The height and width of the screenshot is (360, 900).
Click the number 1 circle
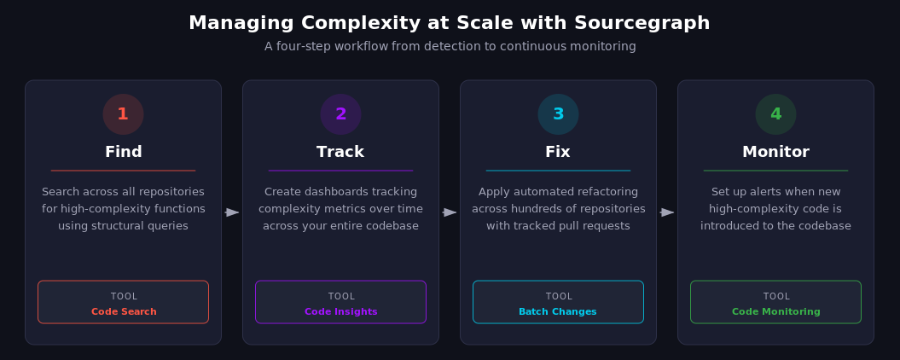point(123,114)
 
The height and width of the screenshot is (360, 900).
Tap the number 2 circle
point(340,114)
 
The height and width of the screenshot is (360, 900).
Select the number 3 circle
point(558,114)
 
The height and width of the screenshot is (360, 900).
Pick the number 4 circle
point(775,114)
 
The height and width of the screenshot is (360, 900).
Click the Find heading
point(123,152)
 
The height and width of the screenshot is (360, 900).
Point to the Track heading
point(340,152)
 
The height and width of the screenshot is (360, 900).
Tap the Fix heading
point(558,152)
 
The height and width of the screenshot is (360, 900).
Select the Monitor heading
point(775,152)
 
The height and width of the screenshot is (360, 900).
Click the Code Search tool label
point(124,312)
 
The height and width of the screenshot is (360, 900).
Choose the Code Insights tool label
point(340,312)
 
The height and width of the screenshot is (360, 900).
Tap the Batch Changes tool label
point(558,312)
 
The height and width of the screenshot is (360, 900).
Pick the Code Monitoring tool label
point(775,312)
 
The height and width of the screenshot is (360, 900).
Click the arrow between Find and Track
point(232,212)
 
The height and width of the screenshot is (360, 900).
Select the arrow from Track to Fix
point(450,212)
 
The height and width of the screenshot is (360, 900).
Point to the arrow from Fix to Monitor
point(667,212)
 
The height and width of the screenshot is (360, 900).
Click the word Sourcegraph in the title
point(654,23)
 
